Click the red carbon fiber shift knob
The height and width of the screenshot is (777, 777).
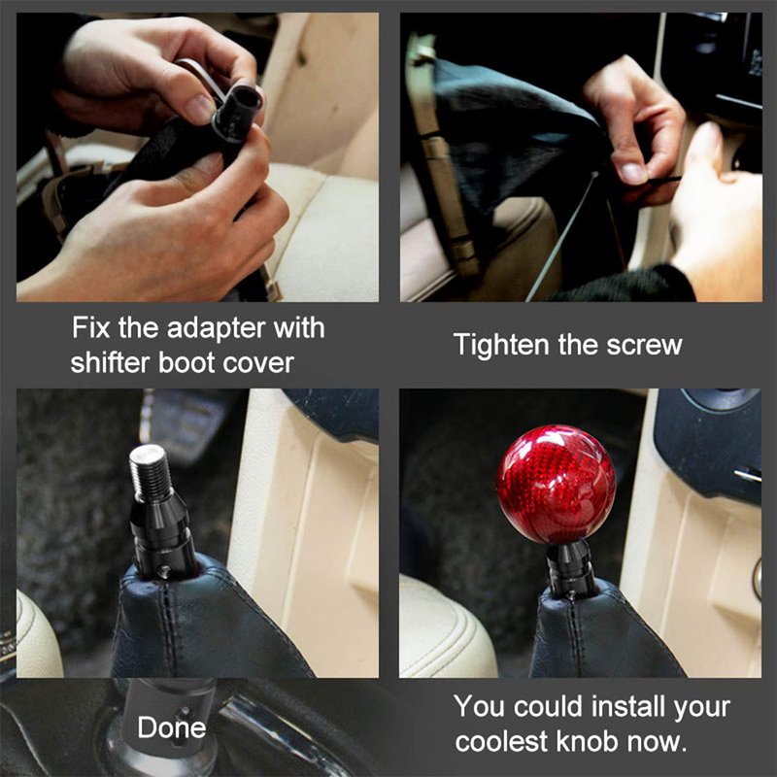pyautogui.click(x=556, y=485)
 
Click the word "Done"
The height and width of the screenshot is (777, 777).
pyautogui.click(x=172, y=726)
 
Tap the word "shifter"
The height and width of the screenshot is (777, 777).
pyautogui.click(x=110, y=362)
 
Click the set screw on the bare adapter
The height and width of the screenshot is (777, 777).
pyautogui.click(x=161, y=571)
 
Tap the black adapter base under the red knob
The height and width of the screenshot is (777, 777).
pyautogui.click(x=570, y=568)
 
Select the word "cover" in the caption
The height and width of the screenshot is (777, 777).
pyautogui.click(x=258, y=363)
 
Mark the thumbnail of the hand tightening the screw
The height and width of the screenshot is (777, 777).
pyautogui.click(x=581, y=157)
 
